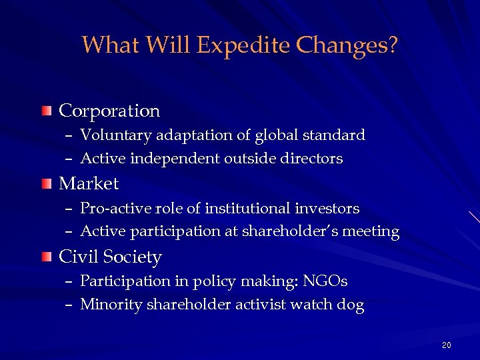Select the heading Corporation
[109, 111]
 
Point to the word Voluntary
[117, 135]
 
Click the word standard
[334, 135]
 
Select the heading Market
[89, 183]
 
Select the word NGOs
[326, 282]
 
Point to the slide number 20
[446, 345]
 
